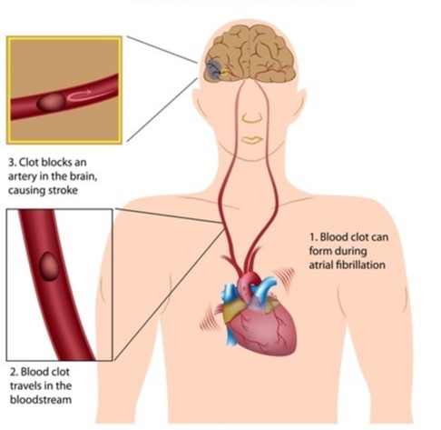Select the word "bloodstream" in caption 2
click(41, 399)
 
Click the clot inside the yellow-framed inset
click(52, 103)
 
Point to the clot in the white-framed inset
click(49, 266)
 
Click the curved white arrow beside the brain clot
click(80, 95)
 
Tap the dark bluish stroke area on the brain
click(214, 70)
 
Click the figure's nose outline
click(252, 118)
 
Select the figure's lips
click(252, 140)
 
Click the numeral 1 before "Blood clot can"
click(312, 237)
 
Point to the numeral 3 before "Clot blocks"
click(12, 163)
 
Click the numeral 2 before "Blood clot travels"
click(14, 372)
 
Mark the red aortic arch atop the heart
click(249, 281)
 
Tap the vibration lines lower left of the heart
click(208, 318)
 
